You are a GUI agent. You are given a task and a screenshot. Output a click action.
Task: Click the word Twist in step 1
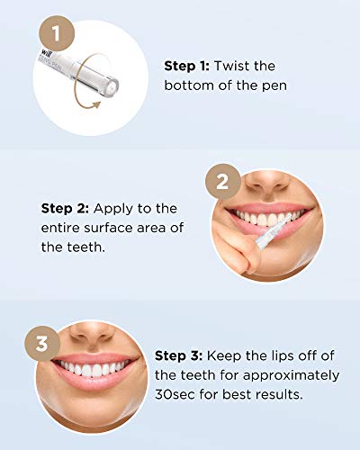[x=242, y=66]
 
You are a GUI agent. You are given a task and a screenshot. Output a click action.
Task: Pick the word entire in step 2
[x=63, y=228]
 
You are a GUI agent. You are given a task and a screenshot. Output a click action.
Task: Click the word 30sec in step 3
[x=176, y=395]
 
